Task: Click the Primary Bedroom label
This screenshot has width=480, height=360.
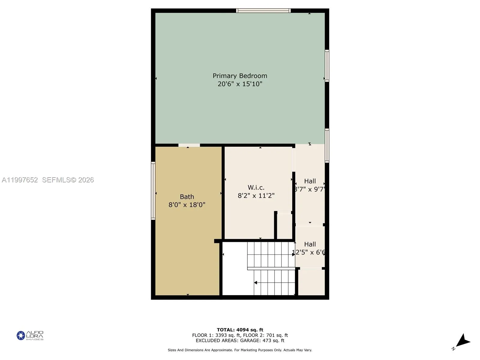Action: coord(240,76)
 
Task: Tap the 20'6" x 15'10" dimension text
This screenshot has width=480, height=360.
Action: coord(240,84)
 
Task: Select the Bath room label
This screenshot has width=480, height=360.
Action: coord(187,197)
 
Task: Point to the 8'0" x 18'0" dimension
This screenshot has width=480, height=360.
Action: coord(187,205)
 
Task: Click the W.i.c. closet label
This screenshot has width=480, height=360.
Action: coord(256,187)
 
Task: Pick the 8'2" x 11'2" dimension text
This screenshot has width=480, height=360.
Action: coord(256,196)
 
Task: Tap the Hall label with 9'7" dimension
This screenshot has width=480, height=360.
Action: coord(310,181)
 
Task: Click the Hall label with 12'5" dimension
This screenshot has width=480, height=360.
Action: coord(310,244)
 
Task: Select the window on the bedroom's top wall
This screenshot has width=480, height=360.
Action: coord(263,11)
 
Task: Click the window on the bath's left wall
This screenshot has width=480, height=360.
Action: coord(153,191)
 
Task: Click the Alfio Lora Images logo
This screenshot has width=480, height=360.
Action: coord(30,335)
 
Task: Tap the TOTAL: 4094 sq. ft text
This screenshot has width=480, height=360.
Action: coord(240,330)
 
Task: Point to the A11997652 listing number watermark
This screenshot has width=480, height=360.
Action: coord(20,180)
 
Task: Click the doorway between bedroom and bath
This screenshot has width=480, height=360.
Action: coord(189,145)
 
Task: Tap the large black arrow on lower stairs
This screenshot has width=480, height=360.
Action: coord(256,283)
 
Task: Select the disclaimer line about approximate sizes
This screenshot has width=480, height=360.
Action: coord(240,350)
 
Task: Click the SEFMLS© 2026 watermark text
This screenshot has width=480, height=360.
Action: coord(68,180)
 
